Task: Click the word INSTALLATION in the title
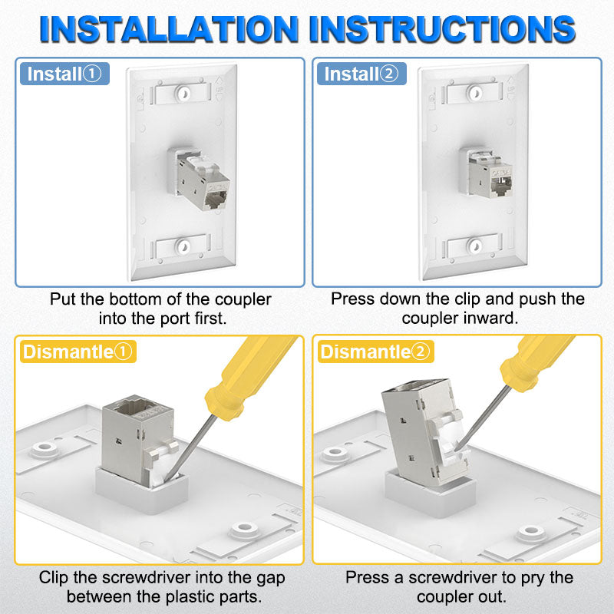pos(169,29)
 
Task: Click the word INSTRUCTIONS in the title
pos(442,29)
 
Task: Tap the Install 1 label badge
pos(64,74)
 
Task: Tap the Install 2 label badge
pos(361,74)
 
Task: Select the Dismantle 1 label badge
pos(78,352)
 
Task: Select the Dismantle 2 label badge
pos(375,352)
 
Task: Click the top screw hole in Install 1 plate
pos(183,94)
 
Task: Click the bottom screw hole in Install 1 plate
pos(183,246)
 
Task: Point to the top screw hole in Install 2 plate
pos(475,93)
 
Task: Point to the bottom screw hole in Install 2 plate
pos(474,246)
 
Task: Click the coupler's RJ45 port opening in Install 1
pos(216,201)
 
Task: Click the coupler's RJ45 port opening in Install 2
pos(502,185)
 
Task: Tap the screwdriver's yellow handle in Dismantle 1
pos(251,376)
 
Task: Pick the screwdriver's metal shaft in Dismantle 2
pos(484,418)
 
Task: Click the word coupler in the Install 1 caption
pos(243,299)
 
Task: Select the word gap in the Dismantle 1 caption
pos(271,579)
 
